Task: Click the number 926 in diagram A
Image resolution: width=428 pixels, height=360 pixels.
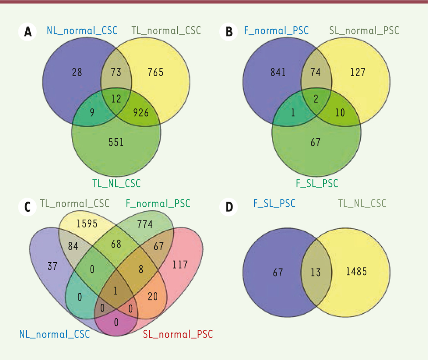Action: [141, 113]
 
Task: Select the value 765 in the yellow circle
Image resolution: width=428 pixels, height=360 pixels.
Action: [156, 72]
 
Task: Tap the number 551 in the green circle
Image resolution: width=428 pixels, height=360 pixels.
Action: [116, 142]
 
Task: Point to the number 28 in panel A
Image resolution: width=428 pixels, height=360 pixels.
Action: [77, 72]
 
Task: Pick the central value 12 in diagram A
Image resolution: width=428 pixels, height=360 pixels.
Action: [116, 99]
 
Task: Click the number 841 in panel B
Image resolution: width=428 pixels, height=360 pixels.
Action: [278, 72]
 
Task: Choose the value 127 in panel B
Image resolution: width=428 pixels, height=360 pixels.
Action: [358, 72]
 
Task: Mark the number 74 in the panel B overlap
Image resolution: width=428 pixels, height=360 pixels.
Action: [316, 72]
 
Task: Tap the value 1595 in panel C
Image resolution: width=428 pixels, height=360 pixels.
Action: [87, 223]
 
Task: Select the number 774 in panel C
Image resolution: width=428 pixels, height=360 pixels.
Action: [145, 224]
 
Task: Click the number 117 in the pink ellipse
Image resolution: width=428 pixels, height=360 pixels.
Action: [180, 265]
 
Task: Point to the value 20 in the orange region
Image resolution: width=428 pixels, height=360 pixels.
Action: [153, 297]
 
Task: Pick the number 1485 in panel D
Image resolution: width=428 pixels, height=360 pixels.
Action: [356, 272]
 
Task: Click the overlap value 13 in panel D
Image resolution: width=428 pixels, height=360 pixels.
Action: [316, 273]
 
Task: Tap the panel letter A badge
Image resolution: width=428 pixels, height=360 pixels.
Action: [28, 32]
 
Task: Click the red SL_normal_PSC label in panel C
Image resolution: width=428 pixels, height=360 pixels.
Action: [178, 334]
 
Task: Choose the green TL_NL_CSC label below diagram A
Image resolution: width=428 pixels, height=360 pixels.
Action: [117, 184]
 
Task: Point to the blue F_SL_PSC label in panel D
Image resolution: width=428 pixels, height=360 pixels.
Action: [274, 204]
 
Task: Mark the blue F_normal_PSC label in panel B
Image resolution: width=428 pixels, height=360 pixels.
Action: [276, 31]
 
